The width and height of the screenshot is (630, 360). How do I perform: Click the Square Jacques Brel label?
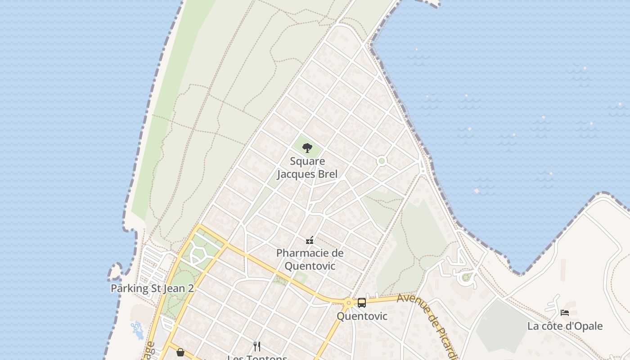(307, 167)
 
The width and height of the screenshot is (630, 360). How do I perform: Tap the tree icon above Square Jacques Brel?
(307, 148)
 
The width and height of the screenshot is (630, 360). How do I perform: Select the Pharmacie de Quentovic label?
(310, 259)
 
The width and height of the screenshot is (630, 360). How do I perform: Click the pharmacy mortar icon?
(310, 240)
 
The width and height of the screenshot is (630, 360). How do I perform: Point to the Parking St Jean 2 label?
(152, 288)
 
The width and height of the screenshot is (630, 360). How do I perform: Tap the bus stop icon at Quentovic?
(361, 303)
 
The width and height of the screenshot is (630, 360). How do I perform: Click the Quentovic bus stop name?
(362, 316)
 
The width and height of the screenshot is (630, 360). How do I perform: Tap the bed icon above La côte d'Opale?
(565, 312)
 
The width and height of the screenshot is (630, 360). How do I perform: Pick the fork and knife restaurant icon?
(257, 346)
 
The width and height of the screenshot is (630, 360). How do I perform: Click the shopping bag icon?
(180, 352)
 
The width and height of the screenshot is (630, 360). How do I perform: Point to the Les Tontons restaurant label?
(257, 358)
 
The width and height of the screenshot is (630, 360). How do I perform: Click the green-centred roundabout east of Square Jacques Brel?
(382, 161)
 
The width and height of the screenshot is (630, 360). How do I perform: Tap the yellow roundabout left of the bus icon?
(348, 303)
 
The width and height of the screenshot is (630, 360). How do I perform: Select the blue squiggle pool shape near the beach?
(137, 330)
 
